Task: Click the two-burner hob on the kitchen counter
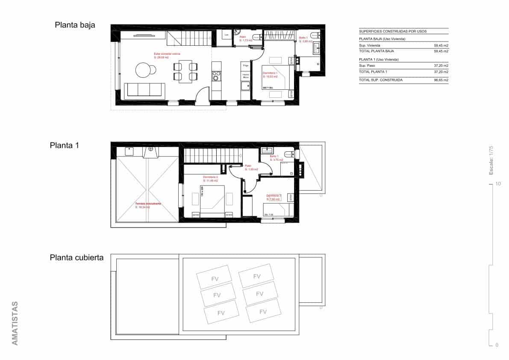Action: (216, 76)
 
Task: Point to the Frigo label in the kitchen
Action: (245, 65)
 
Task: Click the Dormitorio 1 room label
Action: (270, 74)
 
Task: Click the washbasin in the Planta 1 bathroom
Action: (266, 150)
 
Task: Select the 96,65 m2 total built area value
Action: (441, 80)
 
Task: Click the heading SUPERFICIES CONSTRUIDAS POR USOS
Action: (392, 31)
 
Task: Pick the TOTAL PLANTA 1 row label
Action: (373, 72)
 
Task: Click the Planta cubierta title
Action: (76, 257)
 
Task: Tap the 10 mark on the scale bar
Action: (498, 184)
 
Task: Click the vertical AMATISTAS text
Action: (15, 323)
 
